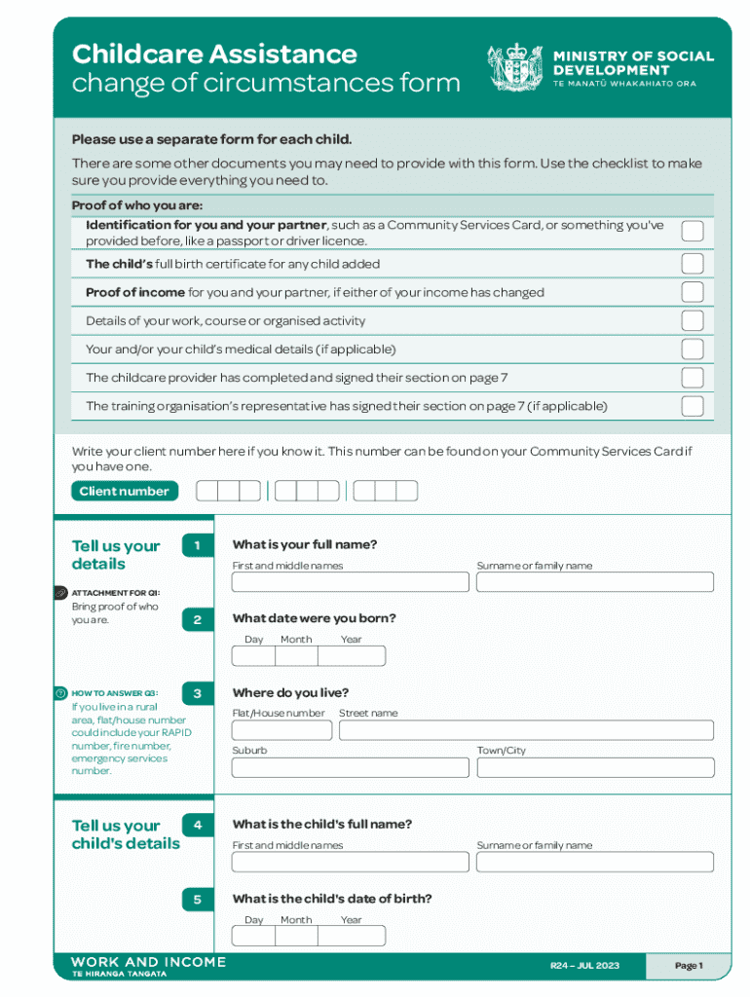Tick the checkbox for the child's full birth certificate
pyautogui.click(x=692, y=264)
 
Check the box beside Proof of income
pyautogui.click(x=692, y=292)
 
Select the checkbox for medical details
pyautogui.click(x=692, y=350)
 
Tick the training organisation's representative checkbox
pyautogui.click(x=692, y=406)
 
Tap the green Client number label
pyautogui.click(x=124, y=492)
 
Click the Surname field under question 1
pyautogui.click(x=594, y=582)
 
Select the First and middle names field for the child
pyautogui.click(x=350, y=862)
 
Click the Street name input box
pyautogui.click(x=526, y=730)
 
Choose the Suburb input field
pyautogui.click(x=350, y=767)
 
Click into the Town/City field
pyautogui.click(x=594, y=767)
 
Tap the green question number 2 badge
pyautogui.click(x=197, y=620)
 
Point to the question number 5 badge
pyautogui.click(x=197, y=900)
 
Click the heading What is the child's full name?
pyautogui.click(x=322, y=825)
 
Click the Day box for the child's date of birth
pyautogui.click(x=253, y=936)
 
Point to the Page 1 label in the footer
pyautogui.click(x=688, y=966)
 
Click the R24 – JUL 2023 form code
pyautogui.click(x=584, y=966)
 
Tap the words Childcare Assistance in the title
pyautogui.click(x=214, y=54)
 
